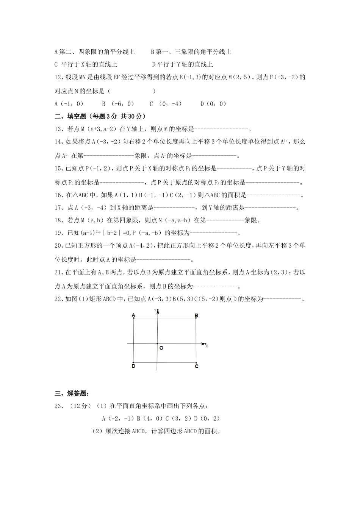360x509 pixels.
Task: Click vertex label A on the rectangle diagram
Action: click(133, 315)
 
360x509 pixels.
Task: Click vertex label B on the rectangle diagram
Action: click(196, 315)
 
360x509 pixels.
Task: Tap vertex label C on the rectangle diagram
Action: click(196, 366)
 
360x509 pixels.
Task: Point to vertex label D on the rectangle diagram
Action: click(133, 366)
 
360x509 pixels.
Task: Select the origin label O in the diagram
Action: click(161, 348)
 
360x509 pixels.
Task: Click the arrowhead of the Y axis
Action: click(157, 312)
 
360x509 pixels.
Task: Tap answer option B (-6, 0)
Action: click(118, 104)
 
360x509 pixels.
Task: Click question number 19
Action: click(59, 233)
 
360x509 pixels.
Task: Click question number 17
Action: click(59, 208)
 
